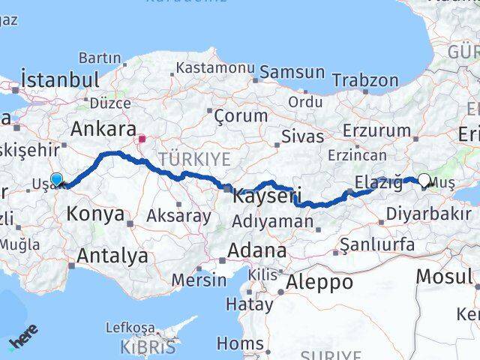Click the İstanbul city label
(60, 79)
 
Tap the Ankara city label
(103, 128)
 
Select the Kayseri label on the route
(266, 197)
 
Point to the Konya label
(95, 214)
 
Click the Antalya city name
(112, 256)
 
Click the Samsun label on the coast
(289, 73)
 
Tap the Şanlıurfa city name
(376, 244)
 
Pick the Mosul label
(443, 276)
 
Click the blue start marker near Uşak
(56, 179)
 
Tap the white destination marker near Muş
(424, 180)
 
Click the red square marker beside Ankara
(142, 138)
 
